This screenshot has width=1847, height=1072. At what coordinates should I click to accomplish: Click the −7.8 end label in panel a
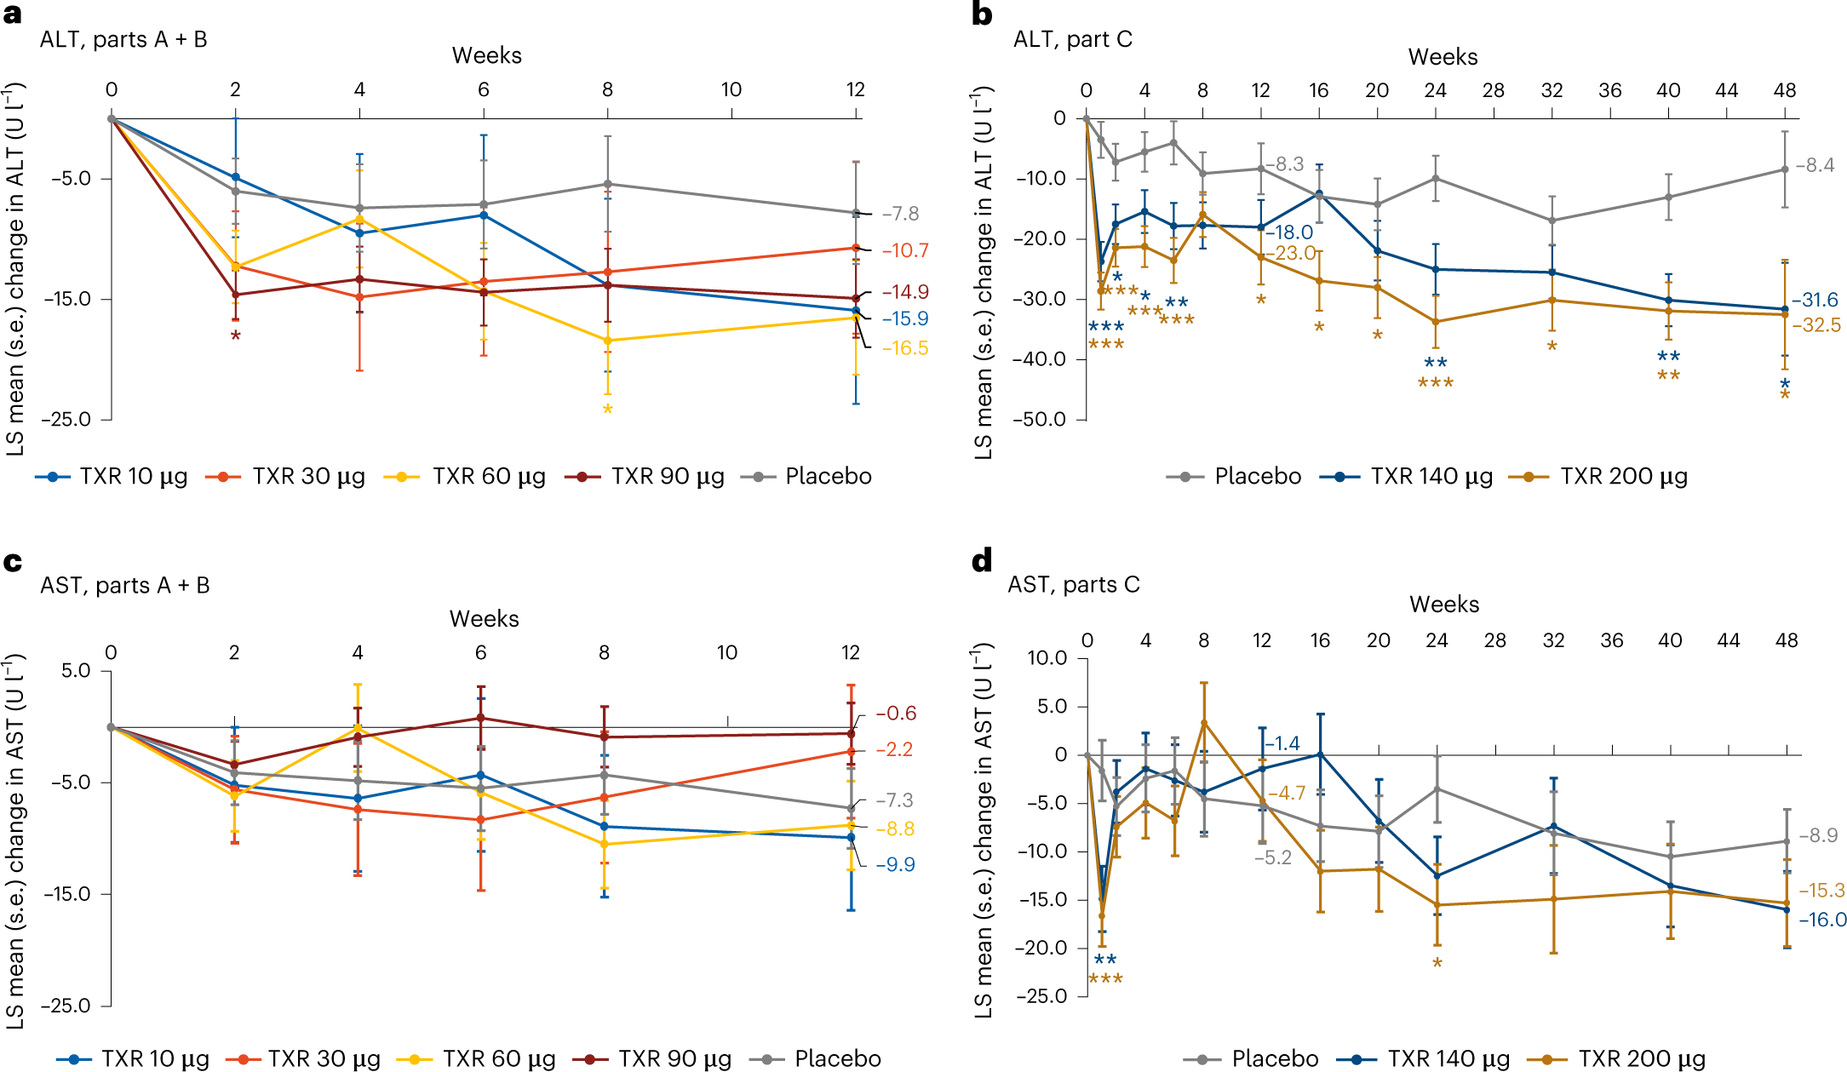[x=900, y=214]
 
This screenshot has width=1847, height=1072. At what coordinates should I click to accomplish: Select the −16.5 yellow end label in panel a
[x=904, y=348]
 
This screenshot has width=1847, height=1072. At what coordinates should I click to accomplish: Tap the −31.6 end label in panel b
[x=1815, y=300]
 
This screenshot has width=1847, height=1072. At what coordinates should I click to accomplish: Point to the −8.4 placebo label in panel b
[x=1815, y=165]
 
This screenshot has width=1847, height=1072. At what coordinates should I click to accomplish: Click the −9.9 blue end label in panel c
[x=895, y=864]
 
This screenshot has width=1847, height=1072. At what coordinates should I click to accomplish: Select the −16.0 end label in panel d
[x=1822, y=920]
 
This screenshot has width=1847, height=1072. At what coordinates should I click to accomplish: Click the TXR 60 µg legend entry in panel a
[x=465, y=476]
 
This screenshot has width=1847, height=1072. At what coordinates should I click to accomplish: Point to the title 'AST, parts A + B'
[x=125, y=586]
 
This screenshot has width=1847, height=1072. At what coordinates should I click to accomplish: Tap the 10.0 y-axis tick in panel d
[x=1047, y=657]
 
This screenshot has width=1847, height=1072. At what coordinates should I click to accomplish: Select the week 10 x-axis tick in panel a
[x=731, y=89]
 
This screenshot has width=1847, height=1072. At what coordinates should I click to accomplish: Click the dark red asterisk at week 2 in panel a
[x=235, y=336]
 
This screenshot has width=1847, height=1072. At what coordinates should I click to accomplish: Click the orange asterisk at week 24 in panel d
[x=1437, y=964]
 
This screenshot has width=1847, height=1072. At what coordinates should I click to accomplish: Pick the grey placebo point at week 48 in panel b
[x=1785, y=169]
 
